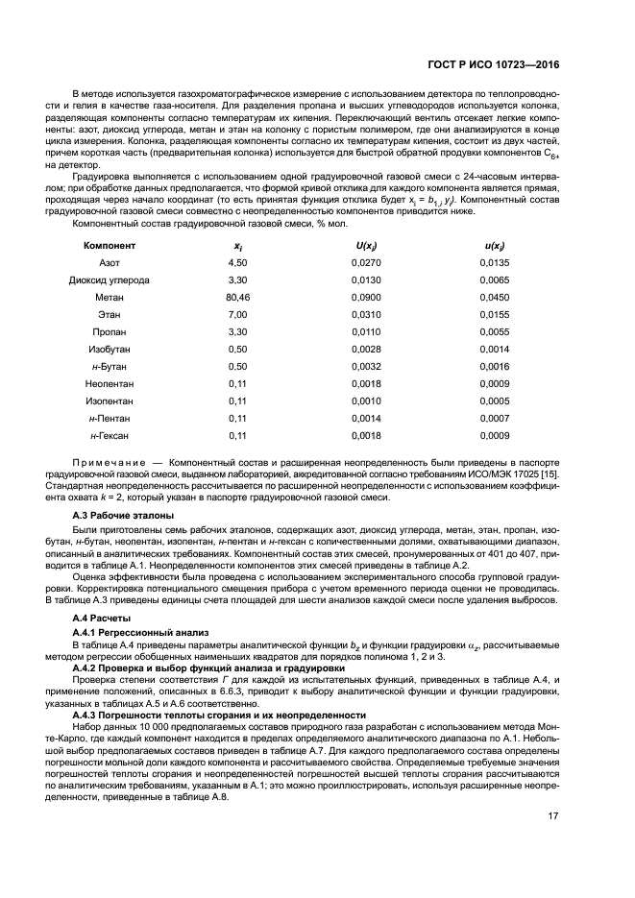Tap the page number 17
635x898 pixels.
553,816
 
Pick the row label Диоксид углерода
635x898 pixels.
110,279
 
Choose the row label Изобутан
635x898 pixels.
110,349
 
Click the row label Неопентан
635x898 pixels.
110,383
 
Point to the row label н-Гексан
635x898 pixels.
110,435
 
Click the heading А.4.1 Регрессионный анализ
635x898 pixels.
134,633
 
